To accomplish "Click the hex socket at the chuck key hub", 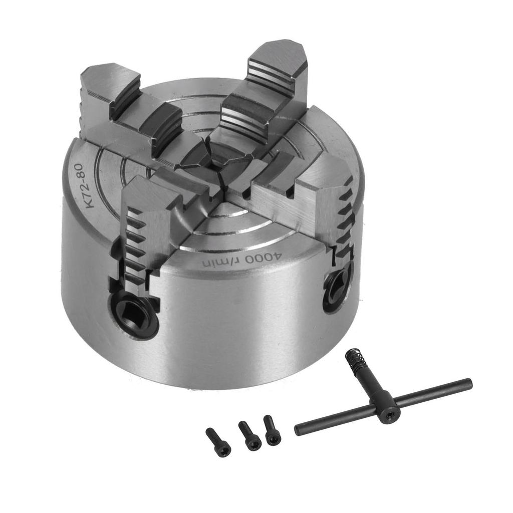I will (388, 414).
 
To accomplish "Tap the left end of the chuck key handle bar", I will (299, 430).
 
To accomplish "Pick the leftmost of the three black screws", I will (218, 442).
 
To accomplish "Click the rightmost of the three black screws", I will (272, 430).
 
